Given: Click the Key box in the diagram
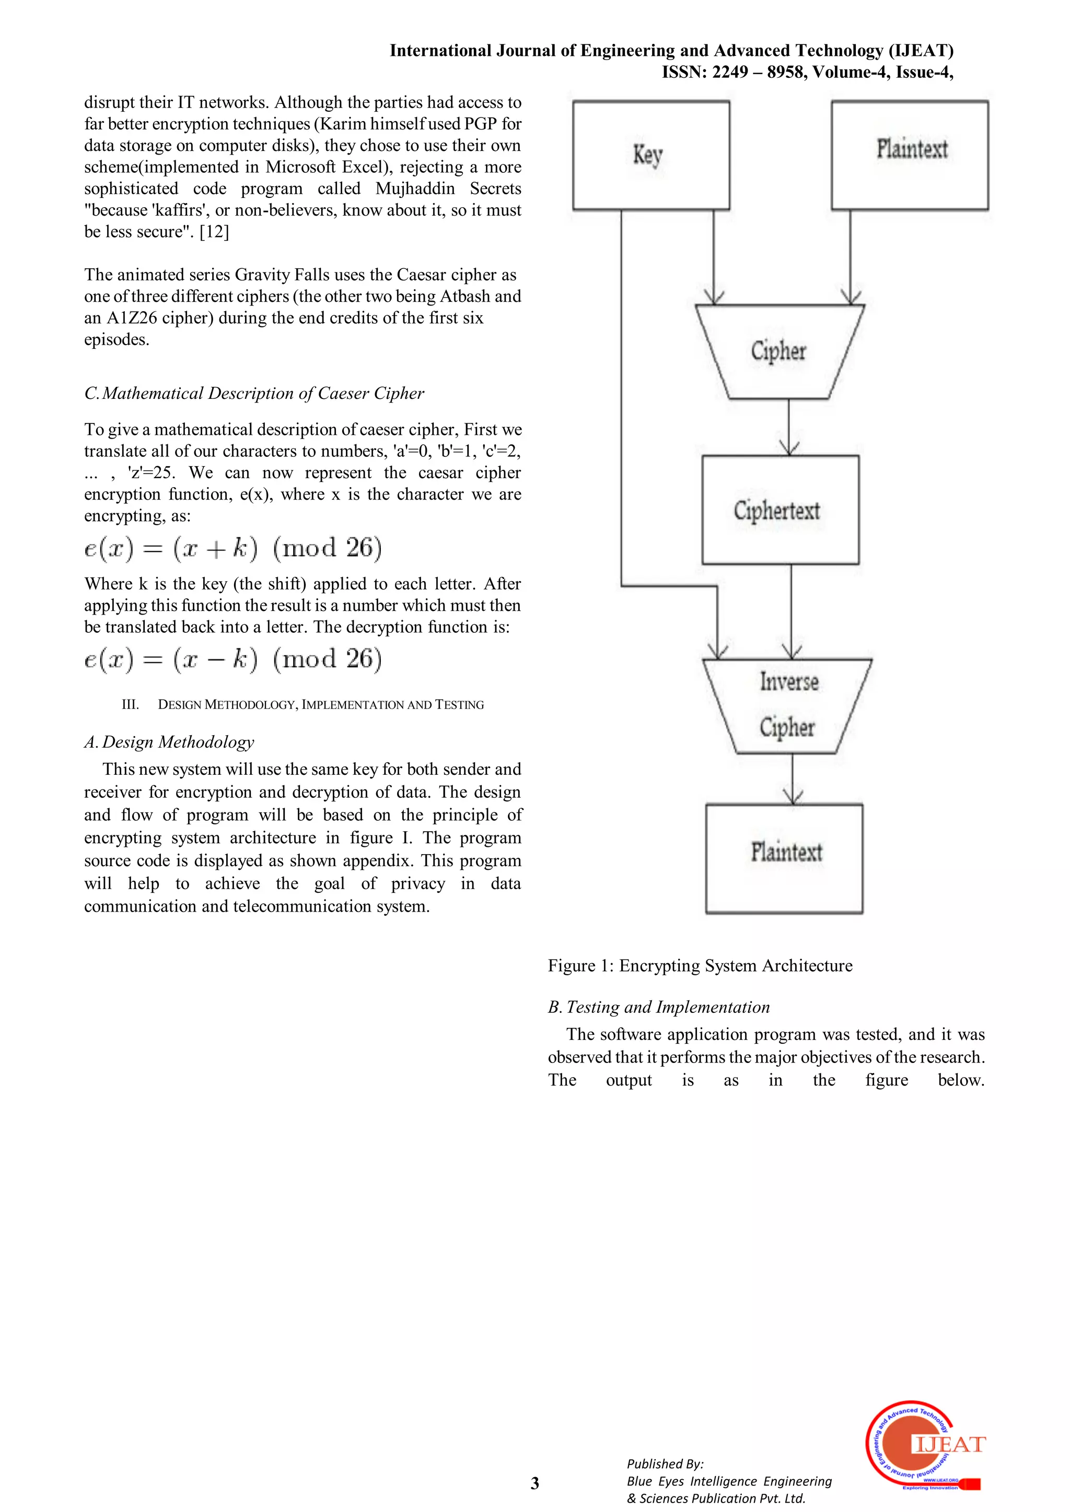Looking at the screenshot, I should click(651, 156).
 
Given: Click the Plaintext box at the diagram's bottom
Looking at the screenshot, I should click(784, 858).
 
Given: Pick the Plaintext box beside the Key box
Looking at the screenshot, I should click(909, 156).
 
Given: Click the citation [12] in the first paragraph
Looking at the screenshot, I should click(214, 232).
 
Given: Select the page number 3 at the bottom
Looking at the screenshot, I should click(535, 1483).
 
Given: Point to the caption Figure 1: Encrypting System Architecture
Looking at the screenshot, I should click(700, 965).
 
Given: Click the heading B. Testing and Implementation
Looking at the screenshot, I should click(659, 1007).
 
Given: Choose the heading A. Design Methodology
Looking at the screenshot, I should click(169, 742).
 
